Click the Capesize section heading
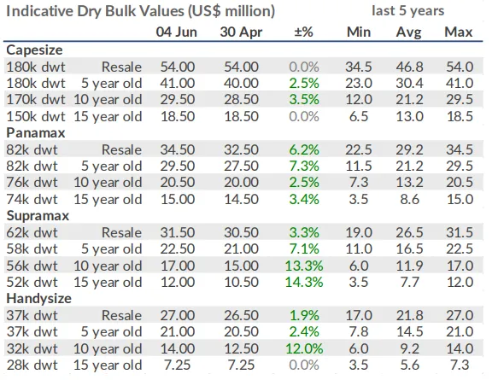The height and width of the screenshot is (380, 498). [x=34, y=50]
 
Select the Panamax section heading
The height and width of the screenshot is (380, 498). [x=36, y=132]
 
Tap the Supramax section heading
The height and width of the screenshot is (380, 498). [x=38, y=216]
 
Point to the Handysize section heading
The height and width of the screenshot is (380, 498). [x=38, y=299]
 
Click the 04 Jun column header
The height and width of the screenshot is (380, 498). [x=176, y=32]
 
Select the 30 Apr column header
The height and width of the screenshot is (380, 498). [x=241, y=32]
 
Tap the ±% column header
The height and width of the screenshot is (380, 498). [x=303, y=32]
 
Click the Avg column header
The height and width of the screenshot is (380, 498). [x=408, y=32]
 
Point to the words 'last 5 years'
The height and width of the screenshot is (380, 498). [x=407, y=11]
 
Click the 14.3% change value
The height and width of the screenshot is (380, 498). [x=304, y=282]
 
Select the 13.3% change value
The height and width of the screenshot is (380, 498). [x=304, y=266]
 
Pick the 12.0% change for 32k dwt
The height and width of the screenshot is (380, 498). [x=304, y=348]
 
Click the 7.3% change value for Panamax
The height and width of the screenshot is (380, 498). [x=304, y=166]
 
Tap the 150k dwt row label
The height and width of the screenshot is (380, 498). [x=36, y=116]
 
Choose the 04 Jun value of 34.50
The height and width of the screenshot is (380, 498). [x=177, y=149]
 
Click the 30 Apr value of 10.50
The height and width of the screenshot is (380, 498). [x=242, y=282]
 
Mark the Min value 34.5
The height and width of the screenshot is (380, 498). [x=359, y=67]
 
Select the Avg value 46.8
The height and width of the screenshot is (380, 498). [x=409, y=67]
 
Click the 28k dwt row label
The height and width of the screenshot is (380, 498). [x=32, y=365]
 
